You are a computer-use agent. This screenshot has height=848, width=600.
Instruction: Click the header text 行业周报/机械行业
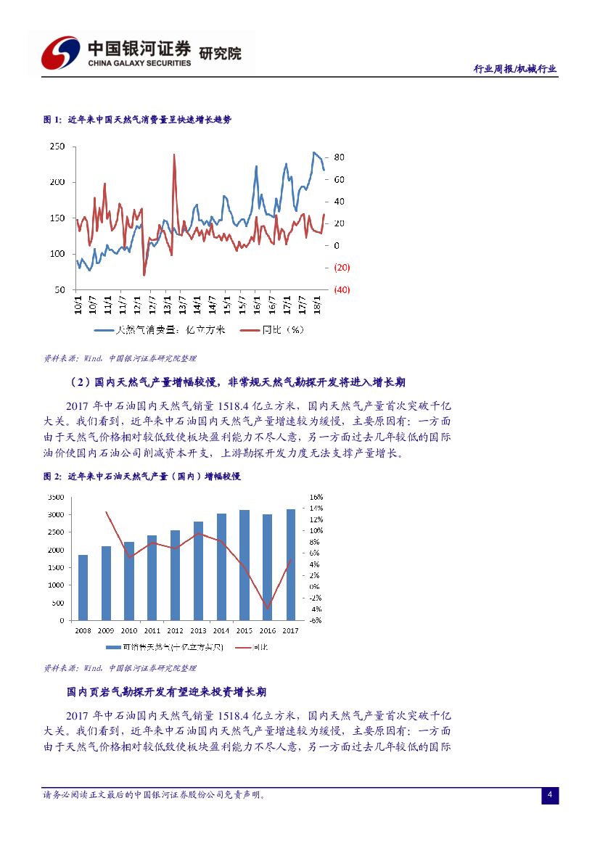pos(514,69)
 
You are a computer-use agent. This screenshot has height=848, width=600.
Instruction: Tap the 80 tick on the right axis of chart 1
pos(339,157)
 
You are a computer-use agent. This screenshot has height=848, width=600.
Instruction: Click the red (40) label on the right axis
pos(342,289)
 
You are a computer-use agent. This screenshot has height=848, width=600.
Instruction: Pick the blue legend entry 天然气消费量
pos(161,330)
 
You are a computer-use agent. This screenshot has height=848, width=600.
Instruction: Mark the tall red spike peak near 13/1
pos(174,154)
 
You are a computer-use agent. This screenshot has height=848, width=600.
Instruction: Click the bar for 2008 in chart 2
pos(83,588)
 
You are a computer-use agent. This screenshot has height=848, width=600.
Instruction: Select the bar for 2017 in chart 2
pos(291,564)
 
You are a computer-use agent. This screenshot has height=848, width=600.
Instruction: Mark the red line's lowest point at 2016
pos(268,609)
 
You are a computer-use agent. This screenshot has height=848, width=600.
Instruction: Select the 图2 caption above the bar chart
pos(142,477)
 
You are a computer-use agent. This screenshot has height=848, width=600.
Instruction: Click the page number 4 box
pos(550,795)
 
